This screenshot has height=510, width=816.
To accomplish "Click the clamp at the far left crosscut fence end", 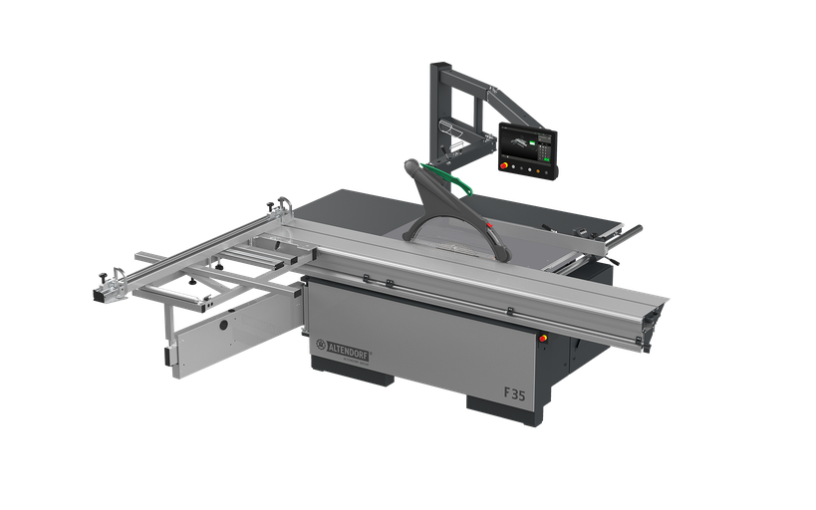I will pos(109,292).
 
